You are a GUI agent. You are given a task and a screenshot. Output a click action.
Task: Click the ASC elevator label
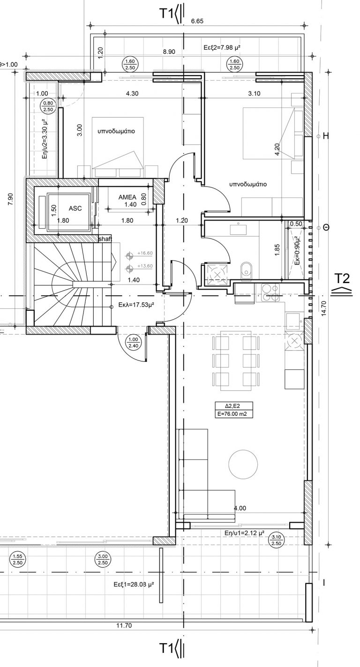point(75,209)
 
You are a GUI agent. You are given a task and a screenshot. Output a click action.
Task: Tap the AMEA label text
point(127,197)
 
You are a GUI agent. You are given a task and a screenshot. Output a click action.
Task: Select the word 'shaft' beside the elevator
point(105,239)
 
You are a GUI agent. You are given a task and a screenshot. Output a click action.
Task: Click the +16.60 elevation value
point(145,253)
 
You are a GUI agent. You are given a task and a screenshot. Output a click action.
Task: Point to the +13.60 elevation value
point(145,266)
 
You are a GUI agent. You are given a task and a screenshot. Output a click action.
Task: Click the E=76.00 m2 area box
point(234,413)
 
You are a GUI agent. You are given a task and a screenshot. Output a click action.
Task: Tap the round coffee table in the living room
point(243,464)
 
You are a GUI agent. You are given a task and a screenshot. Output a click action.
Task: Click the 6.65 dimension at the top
point(197,21)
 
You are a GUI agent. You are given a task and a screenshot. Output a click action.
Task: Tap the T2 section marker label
point(343,278)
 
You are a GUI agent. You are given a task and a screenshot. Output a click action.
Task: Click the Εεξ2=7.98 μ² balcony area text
point(222,47)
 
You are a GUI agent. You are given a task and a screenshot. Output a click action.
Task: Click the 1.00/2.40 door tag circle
point(134,343)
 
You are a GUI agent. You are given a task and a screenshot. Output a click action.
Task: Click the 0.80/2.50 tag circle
point(48,106)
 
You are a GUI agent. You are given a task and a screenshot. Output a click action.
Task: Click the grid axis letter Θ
point(326,227)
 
